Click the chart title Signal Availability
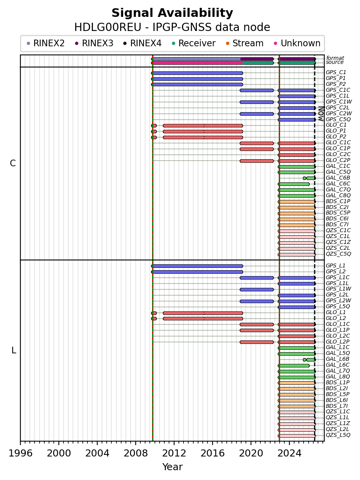pyautogui.click(x=172, y=13)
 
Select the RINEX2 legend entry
pyautogui.click(x=45, y=43)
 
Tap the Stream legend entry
pyautogui.click(x=245, y=43)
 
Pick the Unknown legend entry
pyautogui.click(x=297, y=43)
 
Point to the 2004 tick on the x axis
pyautogui.click(x=97, y=443)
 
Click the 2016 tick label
pyautogui.click(x=213, y=453)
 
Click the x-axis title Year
pyautogui.click(x=172, y=467)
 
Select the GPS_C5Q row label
pyautogui.click(x=338, y=119)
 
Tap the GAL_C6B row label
pyautogui.click(x=338, y=178)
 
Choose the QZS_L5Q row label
pyautogui.click(x=338, y=435)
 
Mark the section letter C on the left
pyautogui.click(x=13, y=164)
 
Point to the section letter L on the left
pyautogui.click(x=14, y=351)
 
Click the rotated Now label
pyautogui.click(x=321, y=113)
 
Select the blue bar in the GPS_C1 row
pyautogui.click(x=197, y=73)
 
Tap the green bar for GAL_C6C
pyautogui.click(x=294, y=184)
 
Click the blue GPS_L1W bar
pyautogui.click(x=257, y=289)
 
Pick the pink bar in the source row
pyautogui.click(x=197, y=63)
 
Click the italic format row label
pyautogui.click(x=335, y=58)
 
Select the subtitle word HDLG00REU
pyautogui.click(x=108, y=27)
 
